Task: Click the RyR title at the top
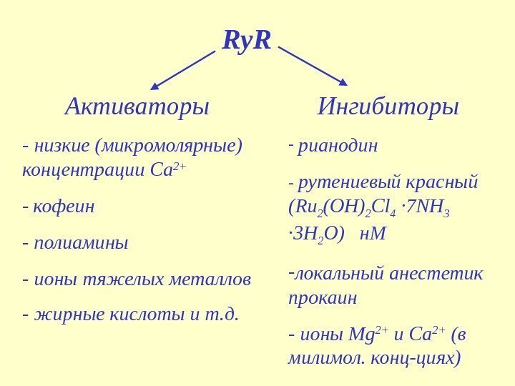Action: click(247, 41)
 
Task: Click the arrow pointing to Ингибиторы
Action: click(313, 66)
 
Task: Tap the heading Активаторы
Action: click(137, 107)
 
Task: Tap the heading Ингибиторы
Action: click(388, 107)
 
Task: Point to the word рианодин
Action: click(338, 147)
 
